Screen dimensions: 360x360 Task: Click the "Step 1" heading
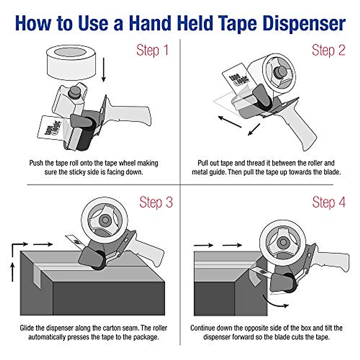(x=152, y=50)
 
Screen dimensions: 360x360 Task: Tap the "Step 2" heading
(x=328, y=50)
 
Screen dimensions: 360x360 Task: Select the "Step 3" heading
(x=156, y=202)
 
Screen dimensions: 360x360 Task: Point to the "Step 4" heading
(x=329, y=202)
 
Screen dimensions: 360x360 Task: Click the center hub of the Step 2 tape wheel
(x=279, y=72)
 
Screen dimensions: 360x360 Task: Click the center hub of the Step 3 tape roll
(x=105, y=220)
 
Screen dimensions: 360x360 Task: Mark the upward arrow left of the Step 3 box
(x=13, y=271)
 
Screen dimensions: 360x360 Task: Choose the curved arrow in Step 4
(x=274, y=301)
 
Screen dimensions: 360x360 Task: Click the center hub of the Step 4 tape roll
(x=283, y=242)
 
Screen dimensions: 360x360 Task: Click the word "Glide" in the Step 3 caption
(x=27, y=328)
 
